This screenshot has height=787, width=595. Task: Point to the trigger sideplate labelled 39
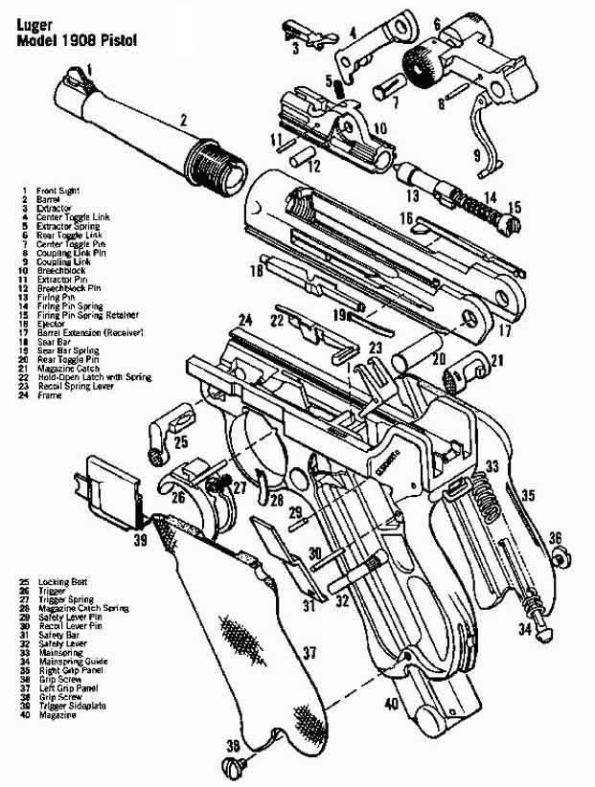click(114, 488)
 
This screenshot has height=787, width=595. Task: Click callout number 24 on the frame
click(245, 319)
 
